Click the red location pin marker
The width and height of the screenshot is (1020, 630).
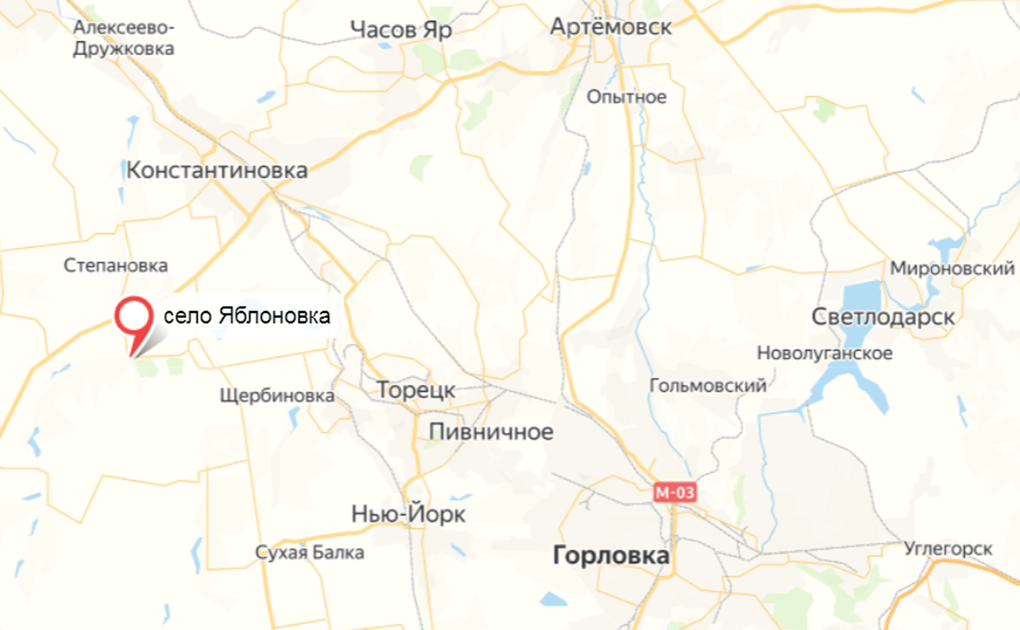(x=132, y=318)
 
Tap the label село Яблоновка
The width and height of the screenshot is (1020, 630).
(x=246, y=318)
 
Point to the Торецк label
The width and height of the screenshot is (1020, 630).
(x=416, y=390)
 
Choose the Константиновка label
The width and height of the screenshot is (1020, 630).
(x=217, y=170)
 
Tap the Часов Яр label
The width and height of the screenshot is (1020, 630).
(x=401, y=29)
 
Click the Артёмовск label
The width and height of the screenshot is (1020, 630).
(x=611, y=27)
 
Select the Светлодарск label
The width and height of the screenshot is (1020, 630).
(x=883, y=317)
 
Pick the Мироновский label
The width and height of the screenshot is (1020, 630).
(x=953, y=269)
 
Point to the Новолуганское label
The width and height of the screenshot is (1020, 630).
(x=825, y=353)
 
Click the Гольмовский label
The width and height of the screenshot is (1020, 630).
(x=708, y=385)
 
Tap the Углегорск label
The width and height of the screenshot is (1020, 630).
(x=948, y=549)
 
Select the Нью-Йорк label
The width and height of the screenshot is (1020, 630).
(x=409, y=515)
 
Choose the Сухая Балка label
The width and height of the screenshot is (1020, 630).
(x=310, y=552)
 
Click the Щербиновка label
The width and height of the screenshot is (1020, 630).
(x=277, y=396)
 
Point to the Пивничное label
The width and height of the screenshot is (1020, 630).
(x=491, y=432)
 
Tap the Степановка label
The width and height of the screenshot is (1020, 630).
(x=116, y=265)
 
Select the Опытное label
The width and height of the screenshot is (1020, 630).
(x=627, y=97)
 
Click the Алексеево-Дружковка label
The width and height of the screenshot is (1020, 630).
(x=124, y=38)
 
